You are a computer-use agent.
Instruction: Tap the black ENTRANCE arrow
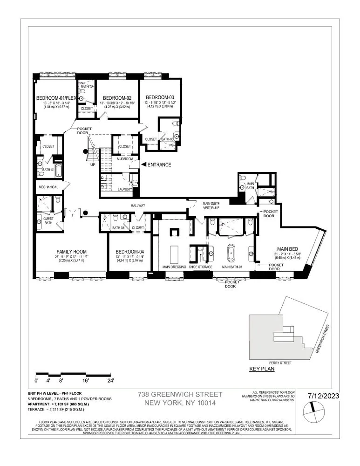tap(144, 164)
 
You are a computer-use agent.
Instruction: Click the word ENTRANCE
tap(160, 164)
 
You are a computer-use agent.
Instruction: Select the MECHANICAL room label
tap(48, 187)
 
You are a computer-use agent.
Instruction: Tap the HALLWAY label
tap(138, 206)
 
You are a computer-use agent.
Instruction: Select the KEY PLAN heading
tap(262, 369)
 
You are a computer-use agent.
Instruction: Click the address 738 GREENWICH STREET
tap(180, 394)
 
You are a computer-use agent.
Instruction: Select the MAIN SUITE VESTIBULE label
tap(214, 206)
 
